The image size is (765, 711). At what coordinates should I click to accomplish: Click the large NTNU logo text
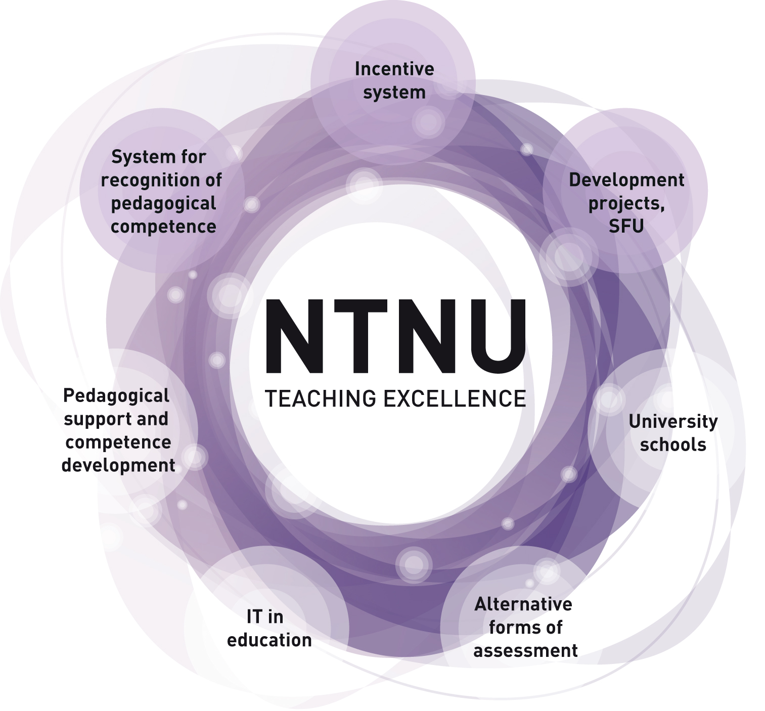(x=395, y=336)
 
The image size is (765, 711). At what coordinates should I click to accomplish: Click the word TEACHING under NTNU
(x=321, y=398)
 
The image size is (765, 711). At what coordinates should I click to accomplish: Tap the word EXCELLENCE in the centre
(x=455, y=398)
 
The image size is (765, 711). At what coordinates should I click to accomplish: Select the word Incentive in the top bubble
(x=394, y=69)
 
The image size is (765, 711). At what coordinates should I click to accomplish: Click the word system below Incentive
(x=394, y=93)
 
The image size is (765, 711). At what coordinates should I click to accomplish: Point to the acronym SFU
(x=626, y=226)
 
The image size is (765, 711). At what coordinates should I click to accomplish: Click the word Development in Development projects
(x=626, y=180)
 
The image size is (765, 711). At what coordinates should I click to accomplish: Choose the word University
(x=673, y=421)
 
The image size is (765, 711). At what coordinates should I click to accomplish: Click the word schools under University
(x=673, y=445)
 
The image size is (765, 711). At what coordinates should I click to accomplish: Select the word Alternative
(x=523, y=604)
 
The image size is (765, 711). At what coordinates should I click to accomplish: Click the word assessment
(x=525, y=650)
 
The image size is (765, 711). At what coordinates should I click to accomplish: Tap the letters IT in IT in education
(x=254, y=616)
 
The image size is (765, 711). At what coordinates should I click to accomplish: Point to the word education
(x=269, y=640)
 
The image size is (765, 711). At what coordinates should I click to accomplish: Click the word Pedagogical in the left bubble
(x=116, y=396)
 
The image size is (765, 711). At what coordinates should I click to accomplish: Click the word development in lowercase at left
(x=118, y=465)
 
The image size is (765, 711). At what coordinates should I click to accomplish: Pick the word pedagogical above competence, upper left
(x=163, y=204)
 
